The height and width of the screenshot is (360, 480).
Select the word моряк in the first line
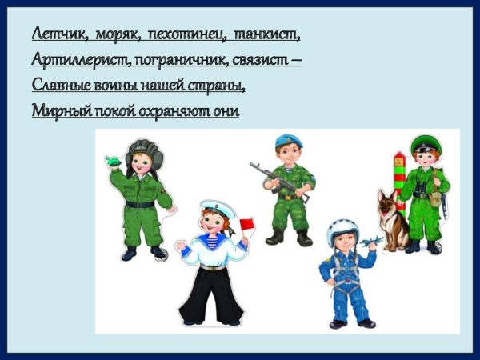117,34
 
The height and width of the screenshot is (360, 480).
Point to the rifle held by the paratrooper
277,183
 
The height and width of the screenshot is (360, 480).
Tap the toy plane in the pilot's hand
370,241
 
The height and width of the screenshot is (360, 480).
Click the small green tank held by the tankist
114,162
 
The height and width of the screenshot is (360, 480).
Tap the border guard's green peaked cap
426,144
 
